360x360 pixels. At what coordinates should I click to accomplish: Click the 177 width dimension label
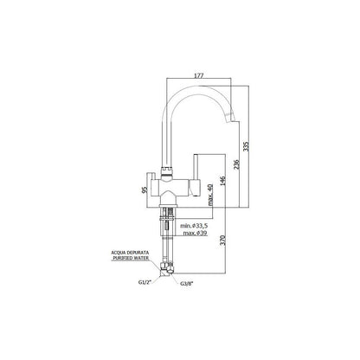pyautogui.click(x=199, y=75)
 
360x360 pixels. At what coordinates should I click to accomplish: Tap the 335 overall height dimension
pyautogui.click(x=246, y=146)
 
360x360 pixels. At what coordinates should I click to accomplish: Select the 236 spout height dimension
pyautogui.click(x=236, y=164)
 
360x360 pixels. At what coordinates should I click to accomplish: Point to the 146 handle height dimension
pyautogui.click(x=222, y=180)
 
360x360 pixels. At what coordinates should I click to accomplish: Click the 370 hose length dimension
pyautogui.click(x=222, y=241)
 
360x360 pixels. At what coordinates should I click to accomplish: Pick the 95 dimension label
pyautogui.click(x=145, y=190)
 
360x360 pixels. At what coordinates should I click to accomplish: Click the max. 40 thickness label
pyautogui.click(x=210, y=195)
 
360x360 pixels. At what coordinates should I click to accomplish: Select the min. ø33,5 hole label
pyautogui.click(x=194, y=226)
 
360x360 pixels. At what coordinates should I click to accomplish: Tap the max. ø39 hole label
pyautogui.click(x=195, y=233)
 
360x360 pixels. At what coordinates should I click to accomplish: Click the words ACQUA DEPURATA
pyautogui.click(x=130, y=253)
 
